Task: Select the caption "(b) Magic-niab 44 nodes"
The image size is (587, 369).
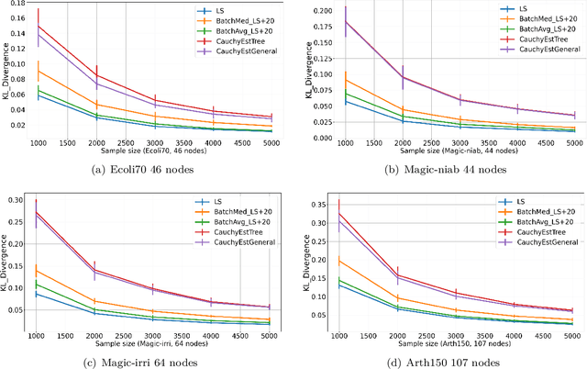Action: pyautogui.click(x=444, y=167)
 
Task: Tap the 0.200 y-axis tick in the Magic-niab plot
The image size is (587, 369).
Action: pyautogui.click(x=316, y=10)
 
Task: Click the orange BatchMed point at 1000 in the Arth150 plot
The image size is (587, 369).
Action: pyautogui.click(x=339, y=261)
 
